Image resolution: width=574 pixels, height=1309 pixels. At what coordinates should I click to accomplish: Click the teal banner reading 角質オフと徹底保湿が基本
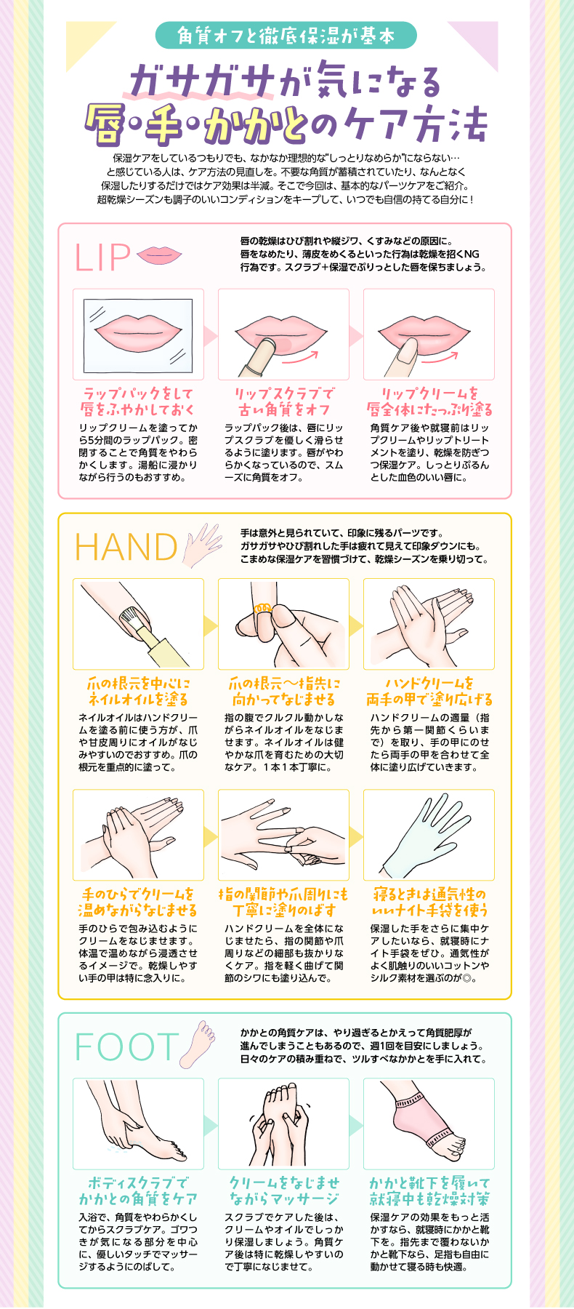click(286, 36)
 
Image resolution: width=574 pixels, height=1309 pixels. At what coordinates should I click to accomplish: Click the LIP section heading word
click(102, 257)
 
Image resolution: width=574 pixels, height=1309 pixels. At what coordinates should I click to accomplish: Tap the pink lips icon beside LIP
click(159, 255)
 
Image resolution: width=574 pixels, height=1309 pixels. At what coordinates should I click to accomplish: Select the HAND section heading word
click(126, 547)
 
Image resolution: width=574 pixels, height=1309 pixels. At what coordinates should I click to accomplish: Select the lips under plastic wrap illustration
click(138, 334)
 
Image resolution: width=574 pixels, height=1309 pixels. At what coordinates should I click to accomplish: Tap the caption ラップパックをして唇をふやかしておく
click(138, 401)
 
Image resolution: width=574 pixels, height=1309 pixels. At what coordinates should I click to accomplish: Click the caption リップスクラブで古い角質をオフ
click(283, 401)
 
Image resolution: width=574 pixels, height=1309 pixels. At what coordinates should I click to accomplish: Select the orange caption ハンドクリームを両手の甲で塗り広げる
click(429, 691)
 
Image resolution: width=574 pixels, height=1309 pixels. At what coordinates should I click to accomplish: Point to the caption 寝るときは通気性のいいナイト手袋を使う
click(429, 902)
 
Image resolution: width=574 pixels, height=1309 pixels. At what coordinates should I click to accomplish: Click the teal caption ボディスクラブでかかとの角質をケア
click(138, 1190)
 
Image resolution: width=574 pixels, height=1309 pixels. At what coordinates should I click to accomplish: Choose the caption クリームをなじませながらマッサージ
click(283, 1190)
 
